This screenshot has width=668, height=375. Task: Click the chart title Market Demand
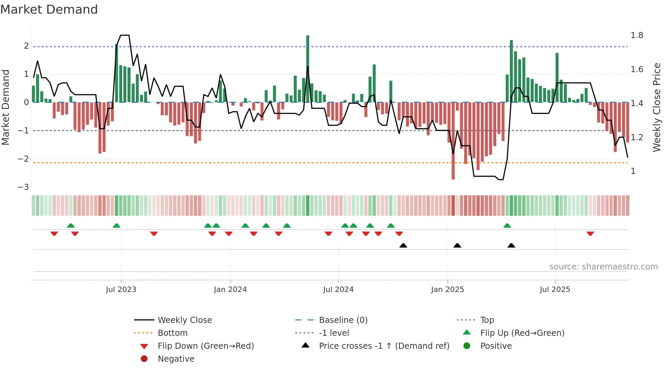point(49,10)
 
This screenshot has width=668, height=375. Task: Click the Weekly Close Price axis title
point(656,107)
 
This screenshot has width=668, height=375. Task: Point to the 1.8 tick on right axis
point(637,35)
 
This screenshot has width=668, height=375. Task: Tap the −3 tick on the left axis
point(23,187)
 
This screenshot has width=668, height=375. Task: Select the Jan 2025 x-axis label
point(447,290)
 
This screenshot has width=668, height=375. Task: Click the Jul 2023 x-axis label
point(121,290)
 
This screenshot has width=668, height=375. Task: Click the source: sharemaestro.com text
point(603,267)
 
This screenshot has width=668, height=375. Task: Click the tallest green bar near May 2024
point(308,68)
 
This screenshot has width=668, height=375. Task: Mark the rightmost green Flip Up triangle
point(507,226)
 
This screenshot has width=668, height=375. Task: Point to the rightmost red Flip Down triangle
point(590,234)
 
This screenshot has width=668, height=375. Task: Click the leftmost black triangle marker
point(403,245)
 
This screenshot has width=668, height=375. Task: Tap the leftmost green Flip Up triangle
point(71,226)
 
